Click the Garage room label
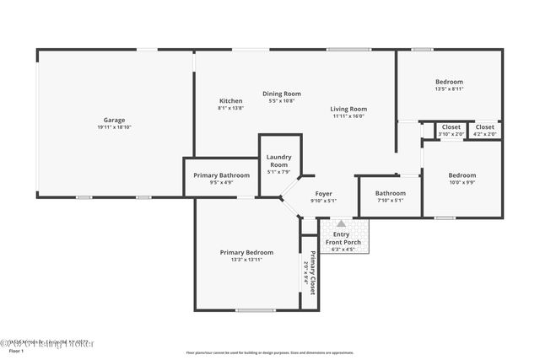[114, 120]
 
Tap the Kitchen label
[230, 100]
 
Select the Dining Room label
[281, 94]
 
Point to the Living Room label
[348, 109]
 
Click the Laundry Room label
[278, 160]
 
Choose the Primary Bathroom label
[222, 175]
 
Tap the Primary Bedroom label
[246, 252]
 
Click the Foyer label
[323, 194]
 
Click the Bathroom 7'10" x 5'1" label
[390, 192]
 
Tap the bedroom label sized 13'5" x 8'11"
[449, 82]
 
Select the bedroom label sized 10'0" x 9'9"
[462, 175]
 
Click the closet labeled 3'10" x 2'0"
[451, 126]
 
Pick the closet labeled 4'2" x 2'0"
[485, 126]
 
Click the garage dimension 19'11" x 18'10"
[114, 127]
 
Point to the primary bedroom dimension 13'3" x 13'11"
[246, 260]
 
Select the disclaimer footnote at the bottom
[269, 352]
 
